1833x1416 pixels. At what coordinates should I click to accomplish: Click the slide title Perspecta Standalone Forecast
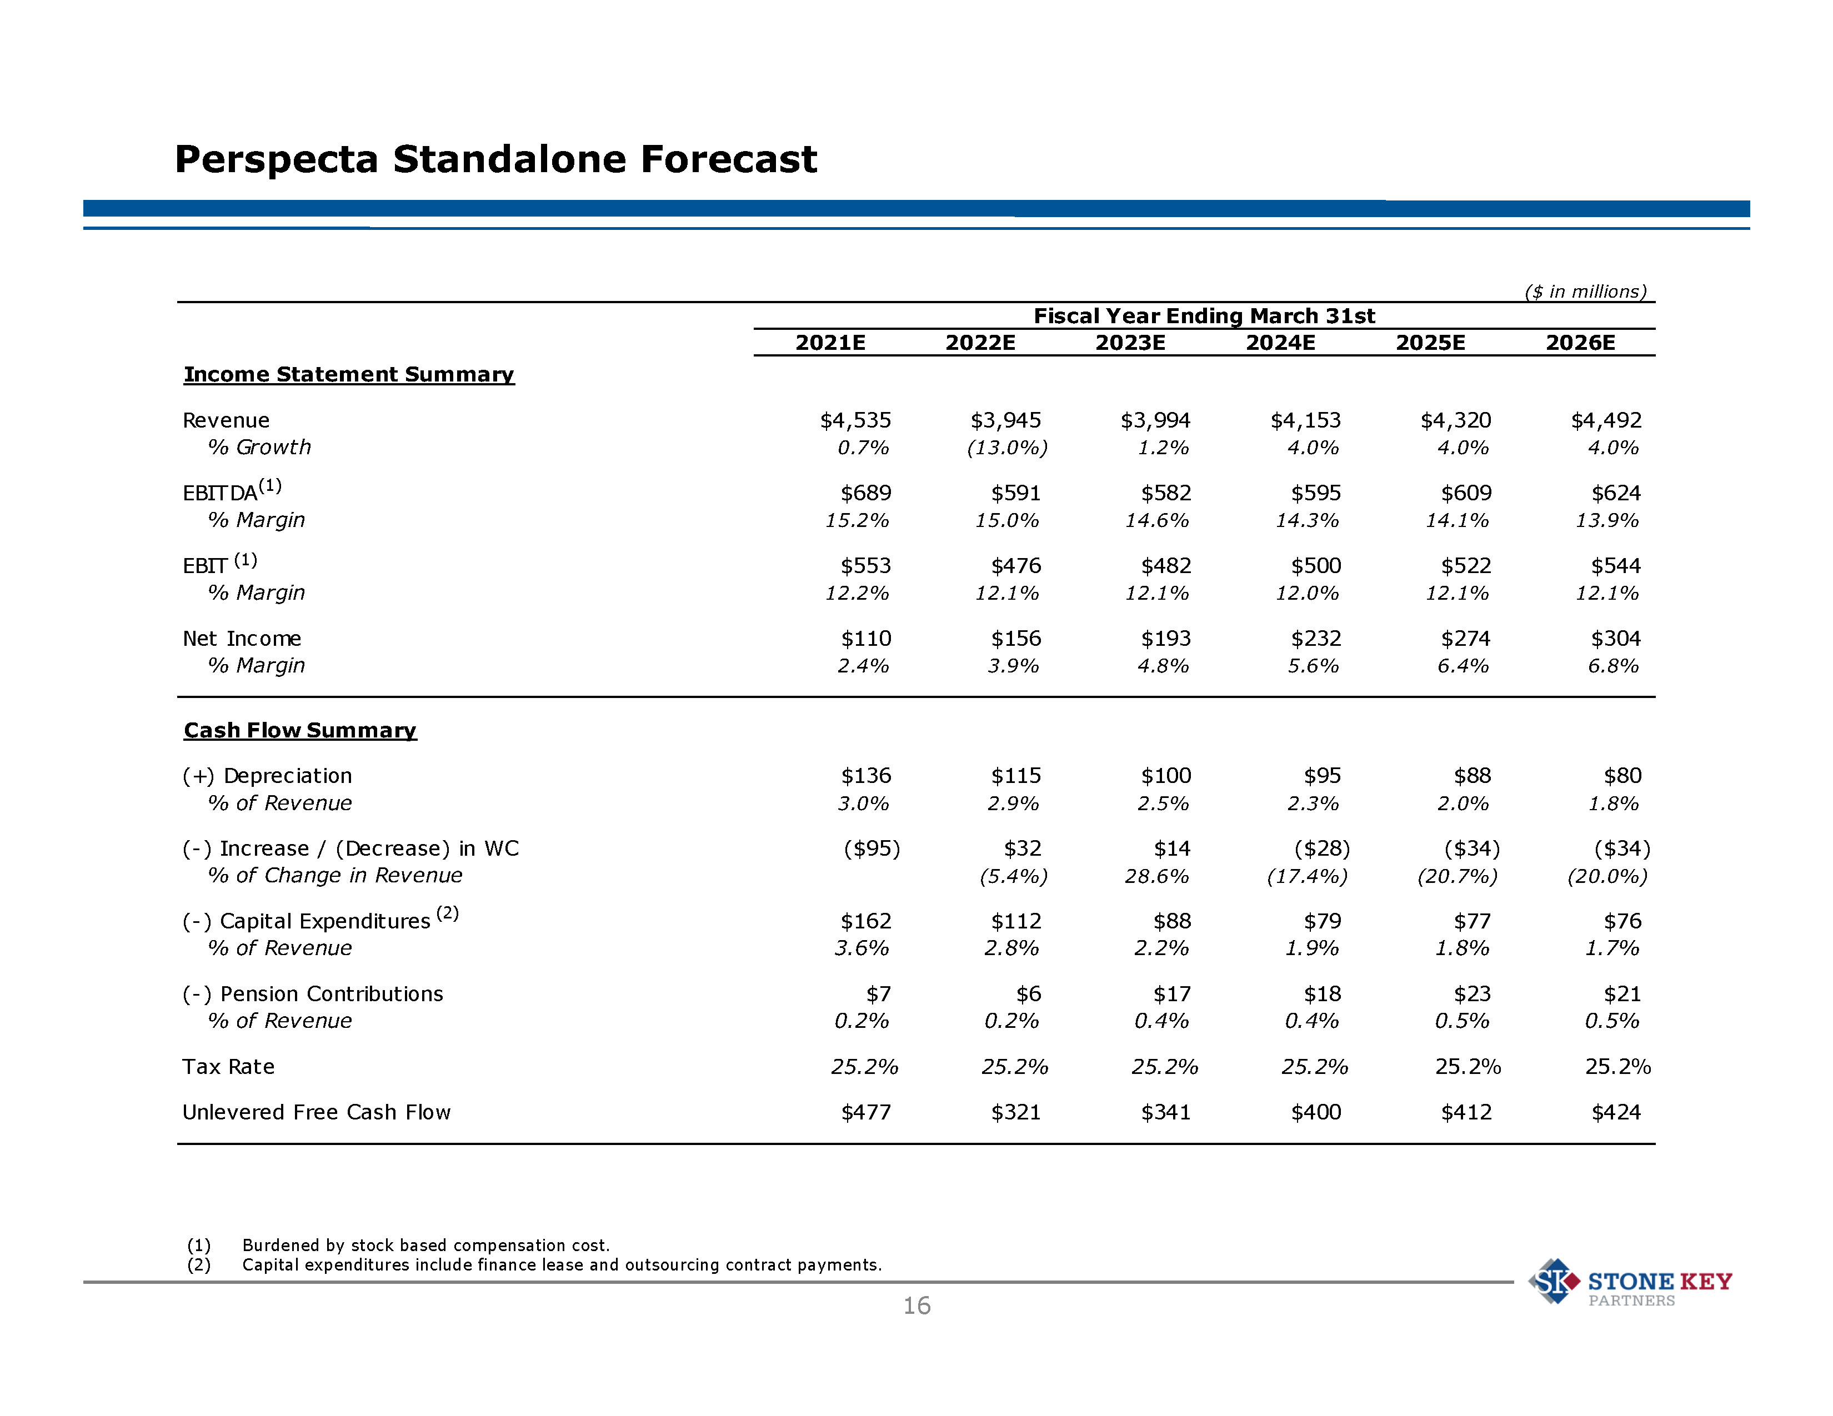click(x=495, y=159)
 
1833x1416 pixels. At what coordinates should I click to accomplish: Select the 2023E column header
click(x=1130, y=342)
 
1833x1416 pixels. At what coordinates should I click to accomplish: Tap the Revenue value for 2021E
click(x=855, y=420)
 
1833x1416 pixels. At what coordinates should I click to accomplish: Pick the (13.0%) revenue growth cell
click(x=1006, y=448)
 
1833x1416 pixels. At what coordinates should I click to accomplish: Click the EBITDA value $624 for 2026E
click(x=1616, y=493)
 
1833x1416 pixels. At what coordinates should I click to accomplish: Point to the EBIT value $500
click(x=1316, y=566)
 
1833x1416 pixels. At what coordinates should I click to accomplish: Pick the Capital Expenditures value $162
click(x=865, y=922)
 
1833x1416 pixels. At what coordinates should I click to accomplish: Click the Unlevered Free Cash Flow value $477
click(x=865, y=1112)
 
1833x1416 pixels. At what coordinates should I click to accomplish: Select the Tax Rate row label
click(x=228, y=1067)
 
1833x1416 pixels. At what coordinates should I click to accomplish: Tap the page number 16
click(x=916, y=1306)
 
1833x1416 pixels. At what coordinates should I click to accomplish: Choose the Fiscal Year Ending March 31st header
click(x=1204, y=317)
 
